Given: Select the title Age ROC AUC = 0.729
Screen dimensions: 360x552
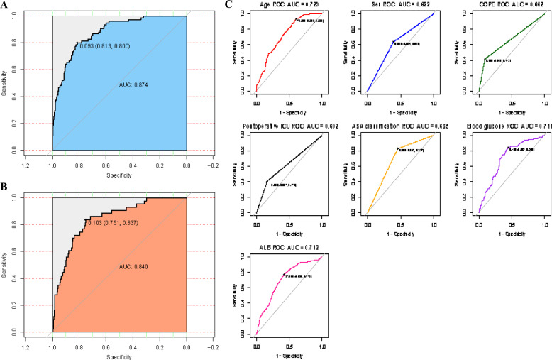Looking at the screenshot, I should [x=289, y=6].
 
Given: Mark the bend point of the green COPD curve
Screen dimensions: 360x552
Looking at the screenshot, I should [x=485, y=60].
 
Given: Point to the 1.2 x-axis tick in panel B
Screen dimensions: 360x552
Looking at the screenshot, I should [x=26, y=349].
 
